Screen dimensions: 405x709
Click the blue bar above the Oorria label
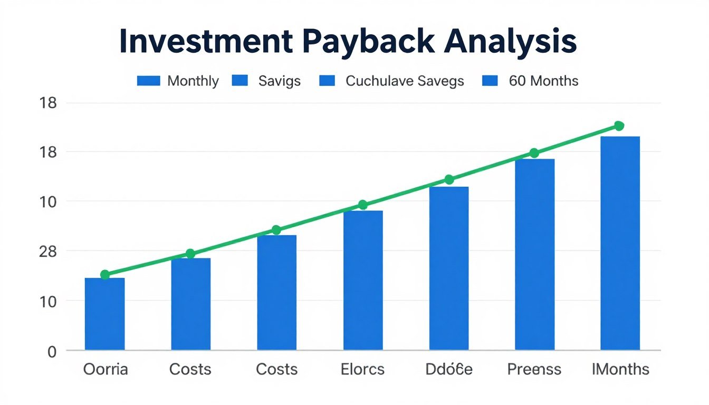click(104, 314)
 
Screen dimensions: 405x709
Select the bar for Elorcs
click(363, 280)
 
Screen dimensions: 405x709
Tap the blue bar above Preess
click(534, 254)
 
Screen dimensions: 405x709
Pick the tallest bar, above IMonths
click(620, 243)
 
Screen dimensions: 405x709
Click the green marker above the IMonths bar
click(619, 126)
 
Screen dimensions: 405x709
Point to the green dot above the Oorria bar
click(105, 274)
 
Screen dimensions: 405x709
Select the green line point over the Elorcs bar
click(362, 205)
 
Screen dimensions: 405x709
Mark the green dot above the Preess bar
click(534, 153)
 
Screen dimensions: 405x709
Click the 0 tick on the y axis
click(52, 352)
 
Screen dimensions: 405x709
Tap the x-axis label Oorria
click(106, 369)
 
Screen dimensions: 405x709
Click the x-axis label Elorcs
click(363, 369)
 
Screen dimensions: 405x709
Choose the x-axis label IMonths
click(620, 369)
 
